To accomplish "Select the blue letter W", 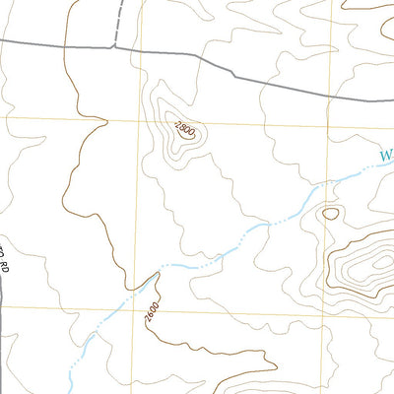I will (386, 155).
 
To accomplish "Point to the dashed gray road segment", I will (119, 22).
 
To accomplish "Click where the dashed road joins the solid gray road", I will (116, 45).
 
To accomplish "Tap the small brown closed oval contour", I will (330, 212).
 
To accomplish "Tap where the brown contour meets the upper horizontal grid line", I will (74, 120).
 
